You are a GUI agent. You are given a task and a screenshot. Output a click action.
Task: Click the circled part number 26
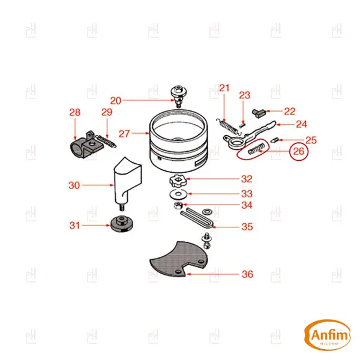298,151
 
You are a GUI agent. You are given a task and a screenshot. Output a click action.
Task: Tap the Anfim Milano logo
327,335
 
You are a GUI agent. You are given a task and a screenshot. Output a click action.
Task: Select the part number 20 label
115,101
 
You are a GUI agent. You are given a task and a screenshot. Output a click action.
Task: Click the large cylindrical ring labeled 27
179,141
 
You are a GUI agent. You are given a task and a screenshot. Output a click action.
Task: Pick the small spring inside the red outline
256,149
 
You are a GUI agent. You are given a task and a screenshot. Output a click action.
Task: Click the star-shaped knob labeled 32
178,181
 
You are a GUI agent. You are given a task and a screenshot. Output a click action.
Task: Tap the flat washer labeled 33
178,194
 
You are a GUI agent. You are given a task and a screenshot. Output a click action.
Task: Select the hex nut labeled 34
178,205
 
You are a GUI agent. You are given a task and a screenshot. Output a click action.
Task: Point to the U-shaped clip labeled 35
198,218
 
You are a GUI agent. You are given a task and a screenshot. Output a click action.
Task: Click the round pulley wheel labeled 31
122,224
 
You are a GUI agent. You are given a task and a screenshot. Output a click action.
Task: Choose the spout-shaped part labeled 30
127,181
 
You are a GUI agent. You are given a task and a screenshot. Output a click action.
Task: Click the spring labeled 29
106,141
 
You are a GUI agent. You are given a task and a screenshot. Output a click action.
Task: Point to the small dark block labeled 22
259,113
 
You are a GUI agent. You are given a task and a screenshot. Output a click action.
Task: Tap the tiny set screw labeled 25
275,140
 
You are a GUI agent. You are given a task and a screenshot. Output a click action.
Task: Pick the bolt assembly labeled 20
178,96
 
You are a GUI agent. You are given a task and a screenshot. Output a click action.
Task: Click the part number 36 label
247,274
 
